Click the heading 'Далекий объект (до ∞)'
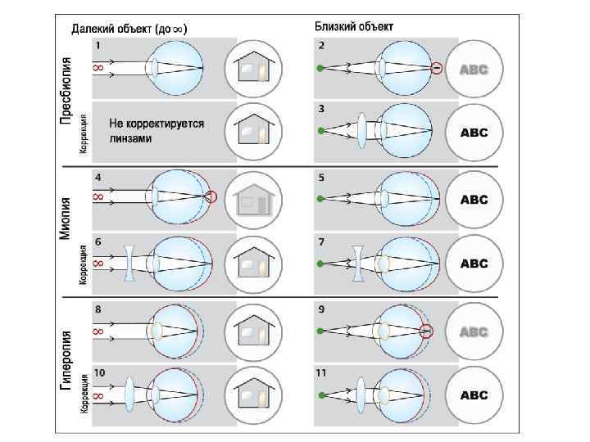(129, 28)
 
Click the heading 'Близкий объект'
(354, 26)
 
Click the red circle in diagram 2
(437, 68)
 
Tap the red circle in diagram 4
(211, 196)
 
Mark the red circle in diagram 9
(424, 331)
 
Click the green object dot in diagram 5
(321, 198)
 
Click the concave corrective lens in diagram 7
(357, 264)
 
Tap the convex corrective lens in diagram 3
(361, 131)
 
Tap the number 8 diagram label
(98, 309)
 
